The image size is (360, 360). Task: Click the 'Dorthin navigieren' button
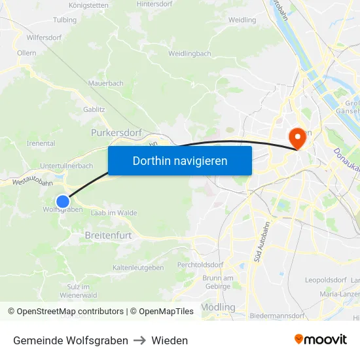click(180, 160)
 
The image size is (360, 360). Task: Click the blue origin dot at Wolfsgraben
click(62, 202)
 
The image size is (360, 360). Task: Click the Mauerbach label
click(105, 84)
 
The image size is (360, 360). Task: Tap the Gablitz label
click(94, 109)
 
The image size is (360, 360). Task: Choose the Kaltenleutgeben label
click(138, 268)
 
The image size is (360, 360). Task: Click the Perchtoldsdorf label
click(202, 265)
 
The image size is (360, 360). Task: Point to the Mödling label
click(219, 307)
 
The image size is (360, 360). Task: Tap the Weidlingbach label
click(189, 54)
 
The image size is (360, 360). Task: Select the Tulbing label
click(65, 20)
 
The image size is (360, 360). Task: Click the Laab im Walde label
click(113, 213)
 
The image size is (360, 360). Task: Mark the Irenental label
click(41, 143)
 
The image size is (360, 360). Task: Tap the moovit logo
click(320, 340)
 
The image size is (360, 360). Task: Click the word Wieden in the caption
click(170, 340)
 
